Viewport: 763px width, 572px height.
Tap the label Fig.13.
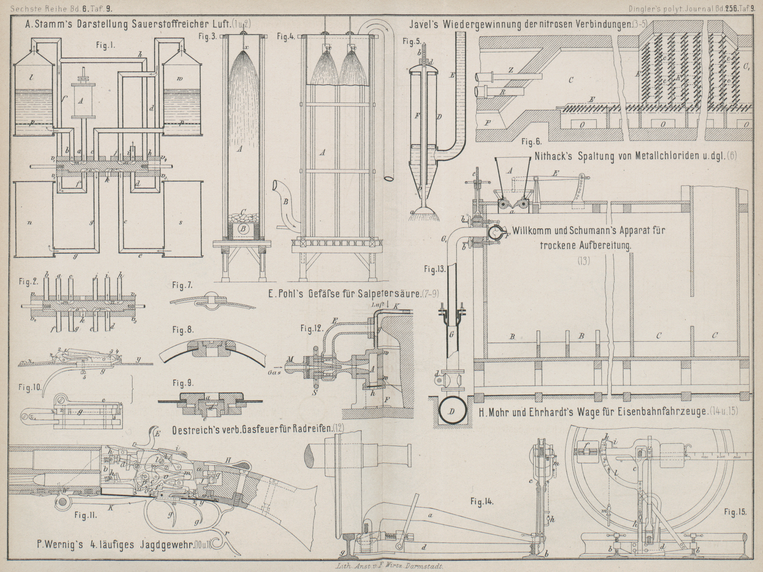click(x=434, y=269)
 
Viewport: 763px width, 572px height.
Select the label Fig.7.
click(x=183, y=285)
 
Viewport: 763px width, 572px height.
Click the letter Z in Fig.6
click(x=511, y=69)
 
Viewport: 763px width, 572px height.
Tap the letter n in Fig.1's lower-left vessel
click(x=29, y=222)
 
